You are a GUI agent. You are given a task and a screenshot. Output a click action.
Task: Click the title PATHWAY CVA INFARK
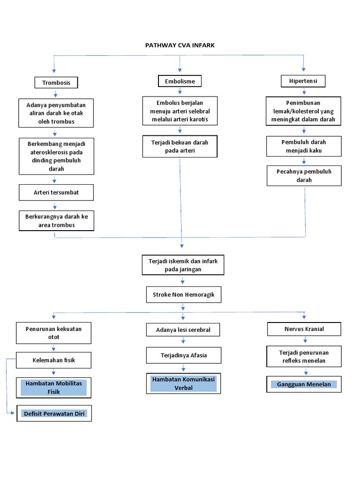pos(180,45)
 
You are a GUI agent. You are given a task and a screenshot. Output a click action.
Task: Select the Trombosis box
pos(56,82)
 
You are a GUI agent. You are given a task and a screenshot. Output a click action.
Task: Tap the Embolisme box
pos(180,81)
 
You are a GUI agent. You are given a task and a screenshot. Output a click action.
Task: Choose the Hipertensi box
pos(303,81)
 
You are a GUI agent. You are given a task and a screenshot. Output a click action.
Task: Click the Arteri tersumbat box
pos(56,192)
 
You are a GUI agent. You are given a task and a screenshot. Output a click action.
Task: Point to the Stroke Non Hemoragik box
pos(183,295)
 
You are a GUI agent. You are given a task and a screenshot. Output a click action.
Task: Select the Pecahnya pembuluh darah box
pos(304,176)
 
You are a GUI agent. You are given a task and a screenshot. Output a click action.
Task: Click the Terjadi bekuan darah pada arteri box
pos(180,146)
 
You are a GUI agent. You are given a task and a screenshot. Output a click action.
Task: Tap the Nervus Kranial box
pos(304,329)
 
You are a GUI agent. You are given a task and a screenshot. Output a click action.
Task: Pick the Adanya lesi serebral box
pos(183,330)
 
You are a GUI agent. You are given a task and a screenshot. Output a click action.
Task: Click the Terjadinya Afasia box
pos(183,355)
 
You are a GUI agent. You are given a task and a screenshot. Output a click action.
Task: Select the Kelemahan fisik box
pos(54,360)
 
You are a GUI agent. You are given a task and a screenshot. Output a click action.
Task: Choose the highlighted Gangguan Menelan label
pos(304,384)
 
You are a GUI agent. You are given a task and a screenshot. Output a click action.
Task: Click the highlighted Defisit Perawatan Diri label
pos(54,413)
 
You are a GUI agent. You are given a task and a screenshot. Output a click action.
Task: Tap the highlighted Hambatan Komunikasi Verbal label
pos(183,383)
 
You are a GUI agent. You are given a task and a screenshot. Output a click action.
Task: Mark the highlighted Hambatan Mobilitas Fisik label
pos(54,387)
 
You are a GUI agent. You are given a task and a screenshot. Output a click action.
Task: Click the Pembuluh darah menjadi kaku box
pos(304,146)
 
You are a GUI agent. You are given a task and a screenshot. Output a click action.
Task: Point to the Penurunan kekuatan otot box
pos(54,333)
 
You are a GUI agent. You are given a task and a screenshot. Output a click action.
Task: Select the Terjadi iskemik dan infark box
pos(183,265)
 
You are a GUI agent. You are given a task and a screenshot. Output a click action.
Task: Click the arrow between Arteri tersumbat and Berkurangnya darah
pos(55,205)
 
